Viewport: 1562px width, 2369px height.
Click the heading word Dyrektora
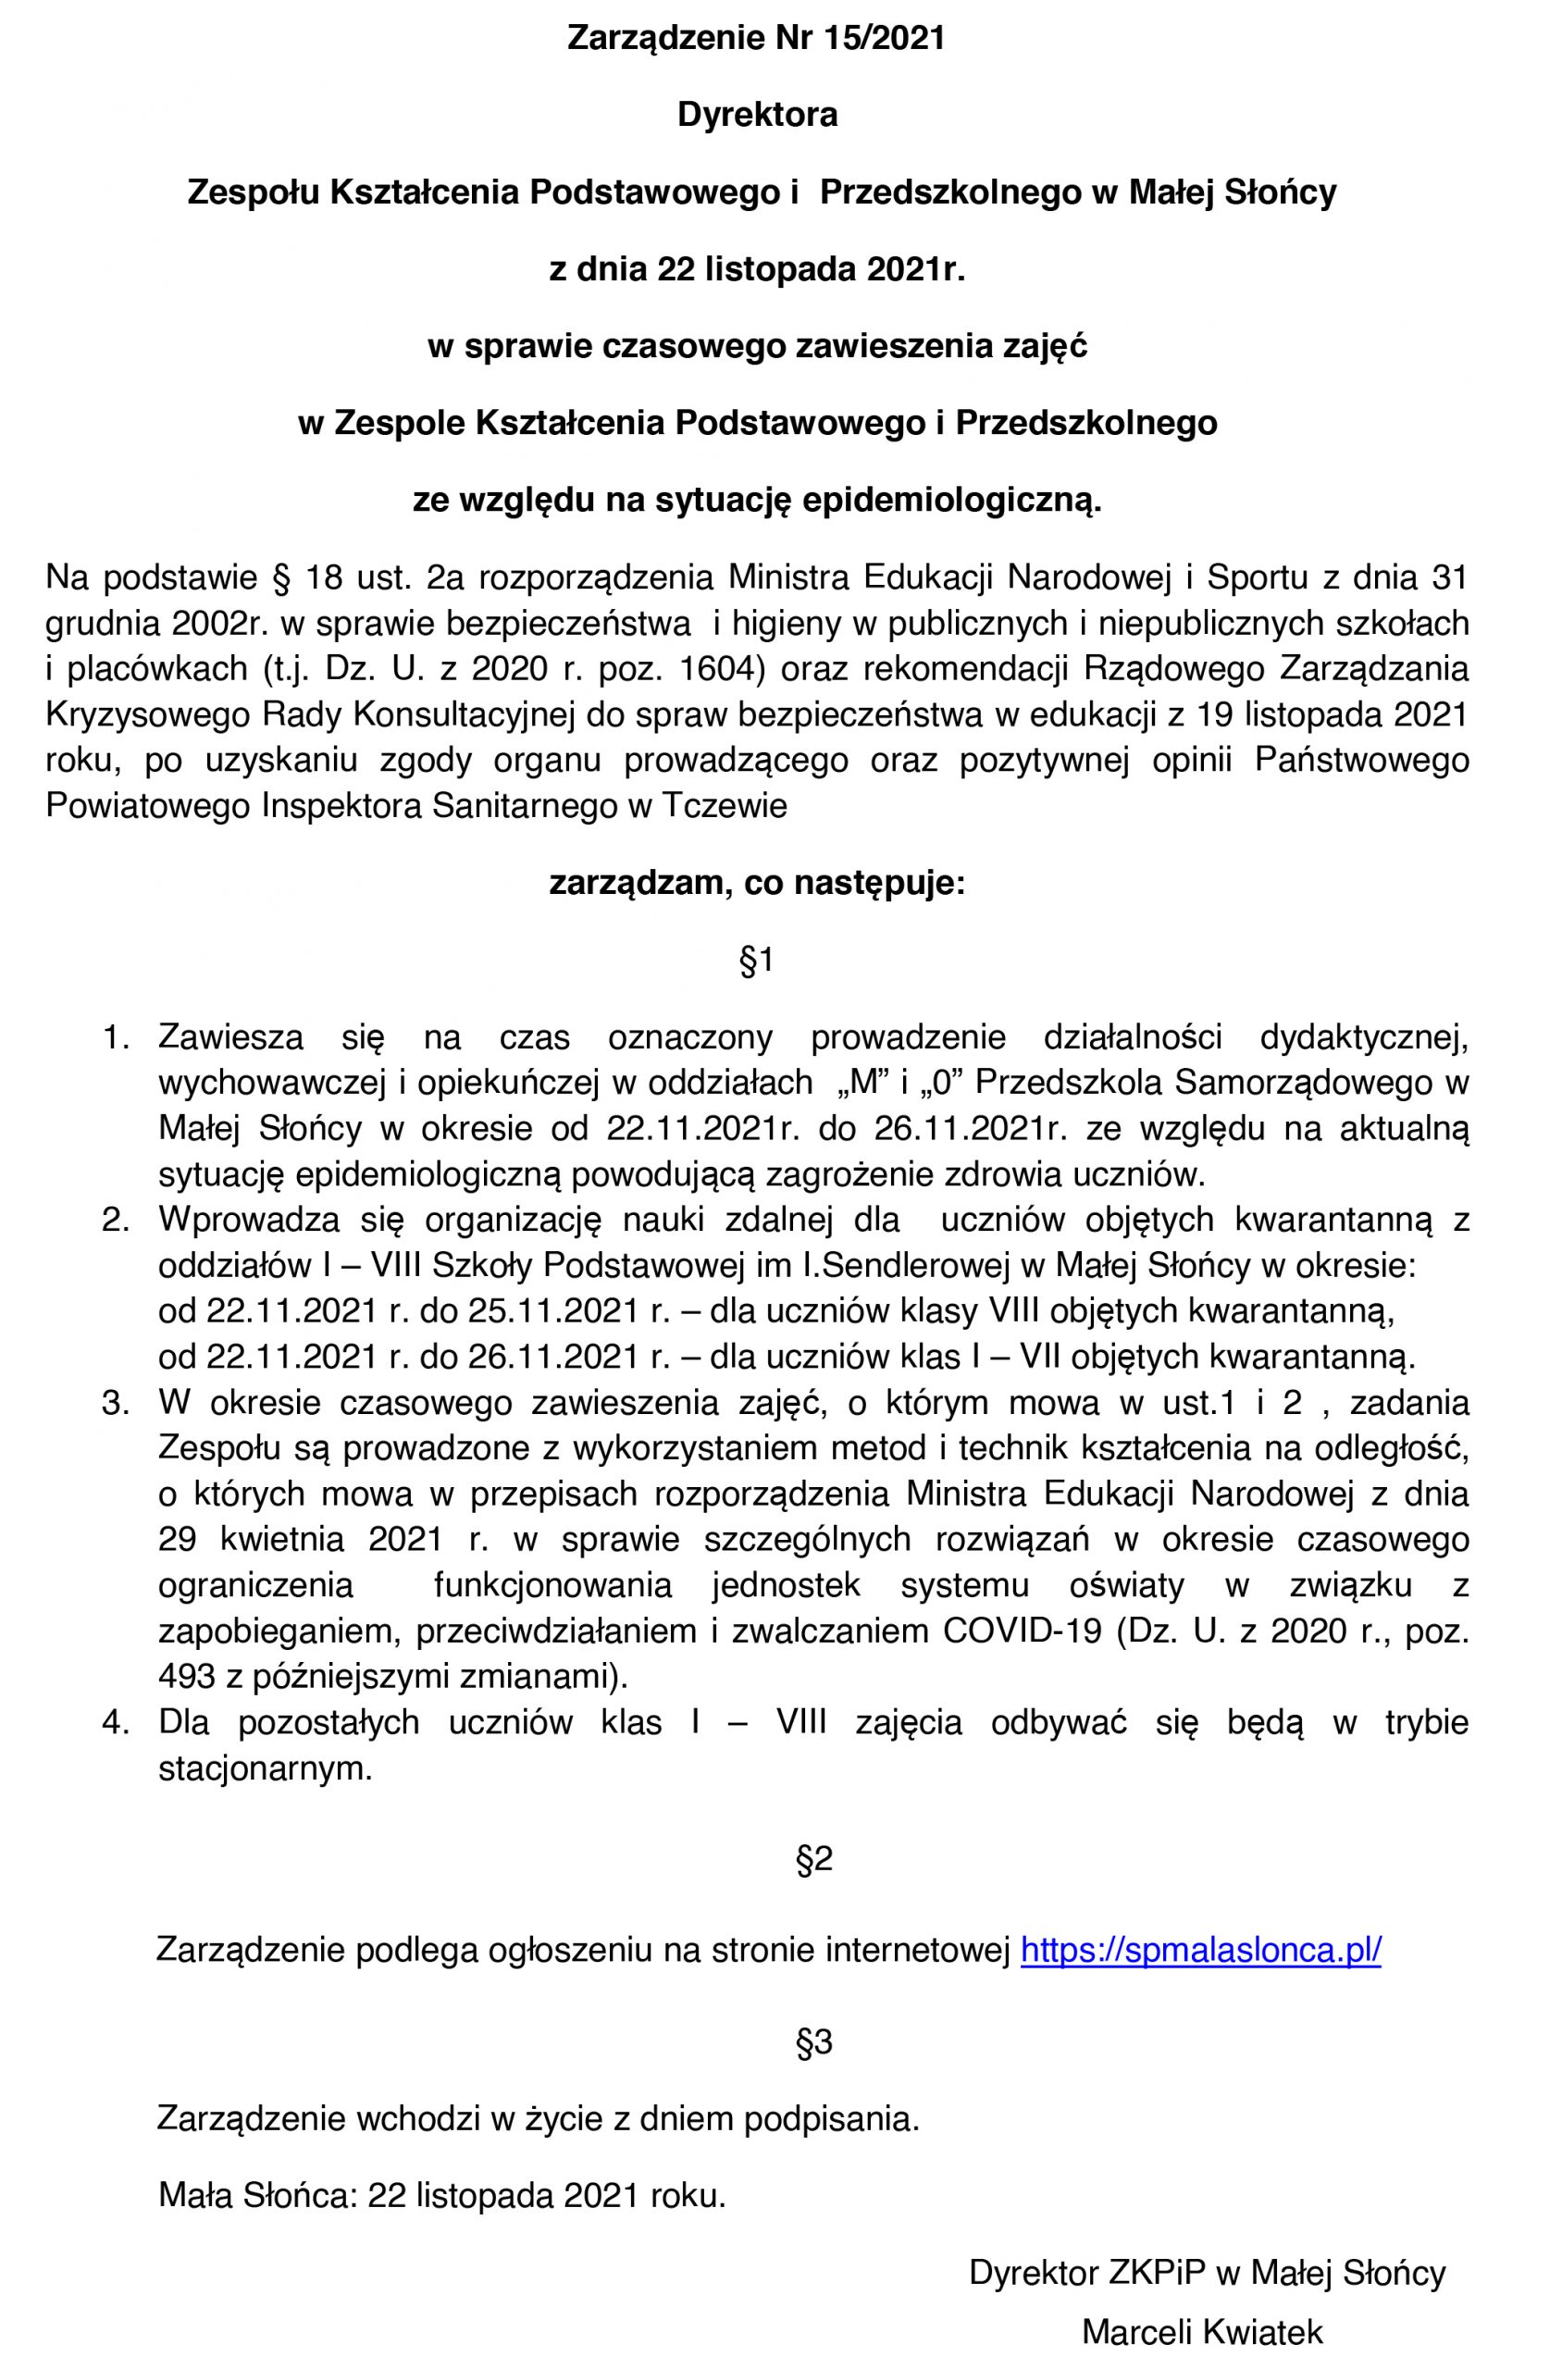757,116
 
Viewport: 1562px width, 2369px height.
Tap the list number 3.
117,1403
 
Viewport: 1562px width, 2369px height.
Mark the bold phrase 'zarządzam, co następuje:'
757,883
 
